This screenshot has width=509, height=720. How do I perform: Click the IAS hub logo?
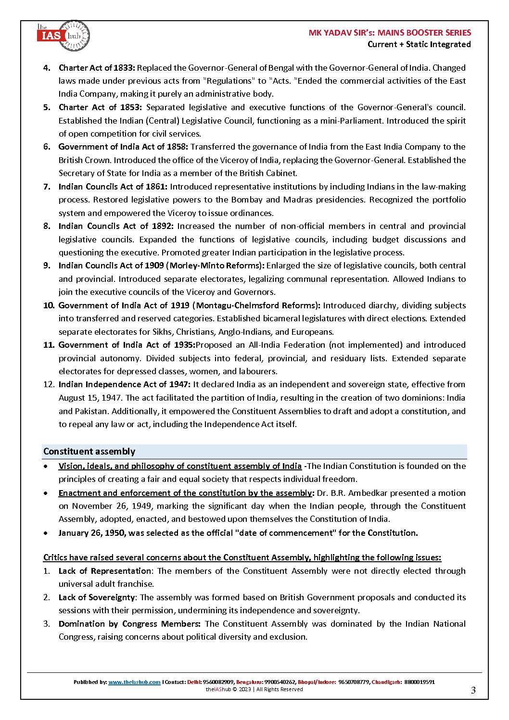[x=63, y=36]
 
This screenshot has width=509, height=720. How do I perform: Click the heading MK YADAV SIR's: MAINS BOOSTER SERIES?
[x=390, y=33]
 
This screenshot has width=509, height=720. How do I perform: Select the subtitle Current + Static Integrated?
[x=419, y=44]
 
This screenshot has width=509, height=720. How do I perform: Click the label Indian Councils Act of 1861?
[x=113, y=187]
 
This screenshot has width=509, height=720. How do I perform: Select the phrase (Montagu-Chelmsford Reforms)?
[x=256, y=305]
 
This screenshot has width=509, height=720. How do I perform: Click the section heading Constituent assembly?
[x=89, y=452]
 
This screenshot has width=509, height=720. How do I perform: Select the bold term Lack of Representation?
[x=105, y=571]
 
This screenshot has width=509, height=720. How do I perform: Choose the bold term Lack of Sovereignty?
[x=97, y=597]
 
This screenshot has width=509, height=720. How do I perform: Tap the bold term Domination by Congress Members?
[x=129, y=624]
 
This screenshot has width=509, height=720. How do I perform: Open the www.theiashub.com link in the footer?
[x=134, y=682]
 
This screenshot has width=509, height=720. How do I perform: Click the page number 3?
[x=473, y=691]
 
